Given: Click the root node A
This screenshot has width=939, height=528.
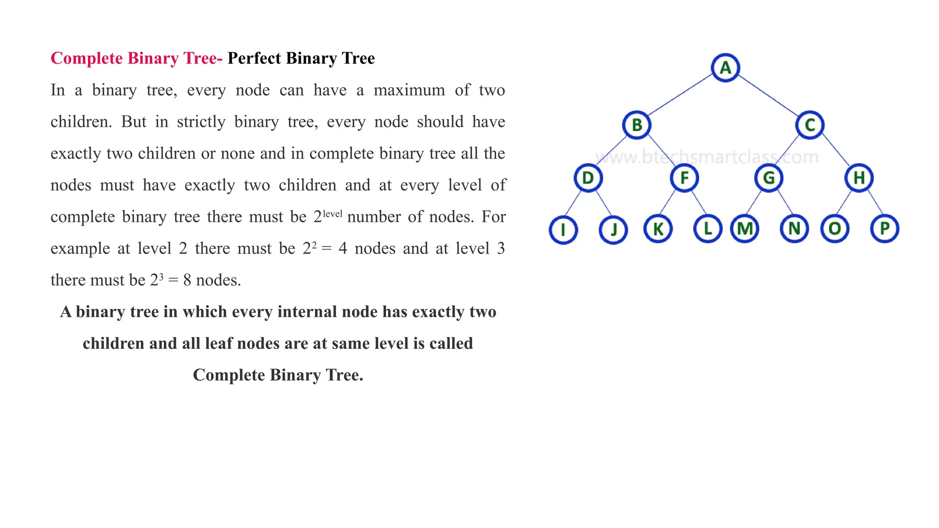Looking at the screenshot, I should pyautogui.click(x=725, y=68).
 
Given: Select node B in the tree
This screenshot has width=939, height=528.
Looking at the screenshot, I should pyautogui.click(x=637, y=125).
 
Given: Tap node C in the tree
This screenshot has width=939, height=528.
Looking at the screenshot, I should pyautogui.click(x=810, y=125).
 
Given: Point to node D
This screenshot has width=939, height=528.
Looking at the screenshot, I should pyautogui.click(x=588, y=178).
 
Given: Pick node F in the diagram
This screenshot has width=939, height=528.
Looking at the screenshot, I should pyautogui.click(x=684, y=178).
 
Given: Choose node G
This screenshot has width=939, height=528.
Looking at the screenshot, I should pyautogui.click(x=769, y=178).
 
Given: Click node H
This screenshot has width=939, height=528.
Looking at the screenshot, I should pyautogui.click(x=859, y=178).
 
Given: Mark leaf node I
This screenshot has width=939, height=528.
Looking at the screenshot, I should pyautogui.click(x=563, y=229).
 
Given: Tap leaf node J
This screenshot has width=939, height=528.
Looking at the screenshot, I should pyautogui.click(x=613, y=229).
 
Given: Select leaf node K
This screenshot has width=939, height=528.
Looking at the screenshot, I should pyautogui.click(x=658, y=229).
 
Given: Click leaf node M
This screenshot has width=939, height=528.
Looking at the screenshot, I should pyautogui.click(x=745, y=229).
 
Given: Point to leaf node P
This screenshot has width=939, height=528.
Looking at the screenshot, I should pyautogui.click(x=884, y=228).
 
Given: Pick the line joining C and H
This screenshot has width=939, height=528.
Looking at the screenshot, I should pyautogui.click(x=835, y=150).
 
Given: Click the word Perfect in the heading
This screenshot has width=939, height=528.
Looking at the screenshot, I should pyautogui.click(x=254, y=58).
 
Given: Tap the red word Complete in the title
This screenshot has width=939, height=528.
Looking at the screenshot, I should pyautogui.click(x=87, y=58).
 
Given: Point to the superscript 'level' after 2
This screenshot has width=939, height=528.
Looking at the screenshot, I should pyautogui.click(x=332, y=213).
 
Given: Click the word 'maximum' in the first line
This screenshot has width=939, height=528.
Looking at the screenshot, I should pyautogui.click(x=409, y=90).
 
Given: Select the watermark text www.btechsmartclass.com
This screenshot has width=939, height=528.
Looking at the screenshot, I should pyautogui.click(x=707, y=157).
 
